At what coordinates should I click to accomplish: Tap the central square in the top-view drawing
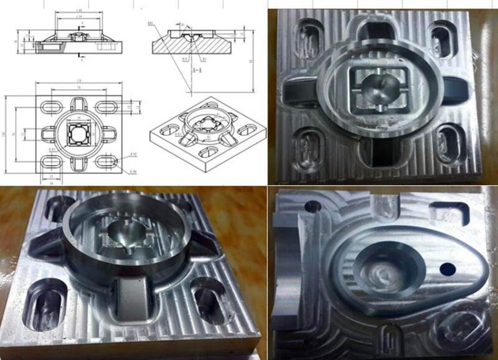[79, 133]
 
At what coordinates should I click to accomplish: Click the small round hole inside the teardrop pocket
[446, 269]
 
